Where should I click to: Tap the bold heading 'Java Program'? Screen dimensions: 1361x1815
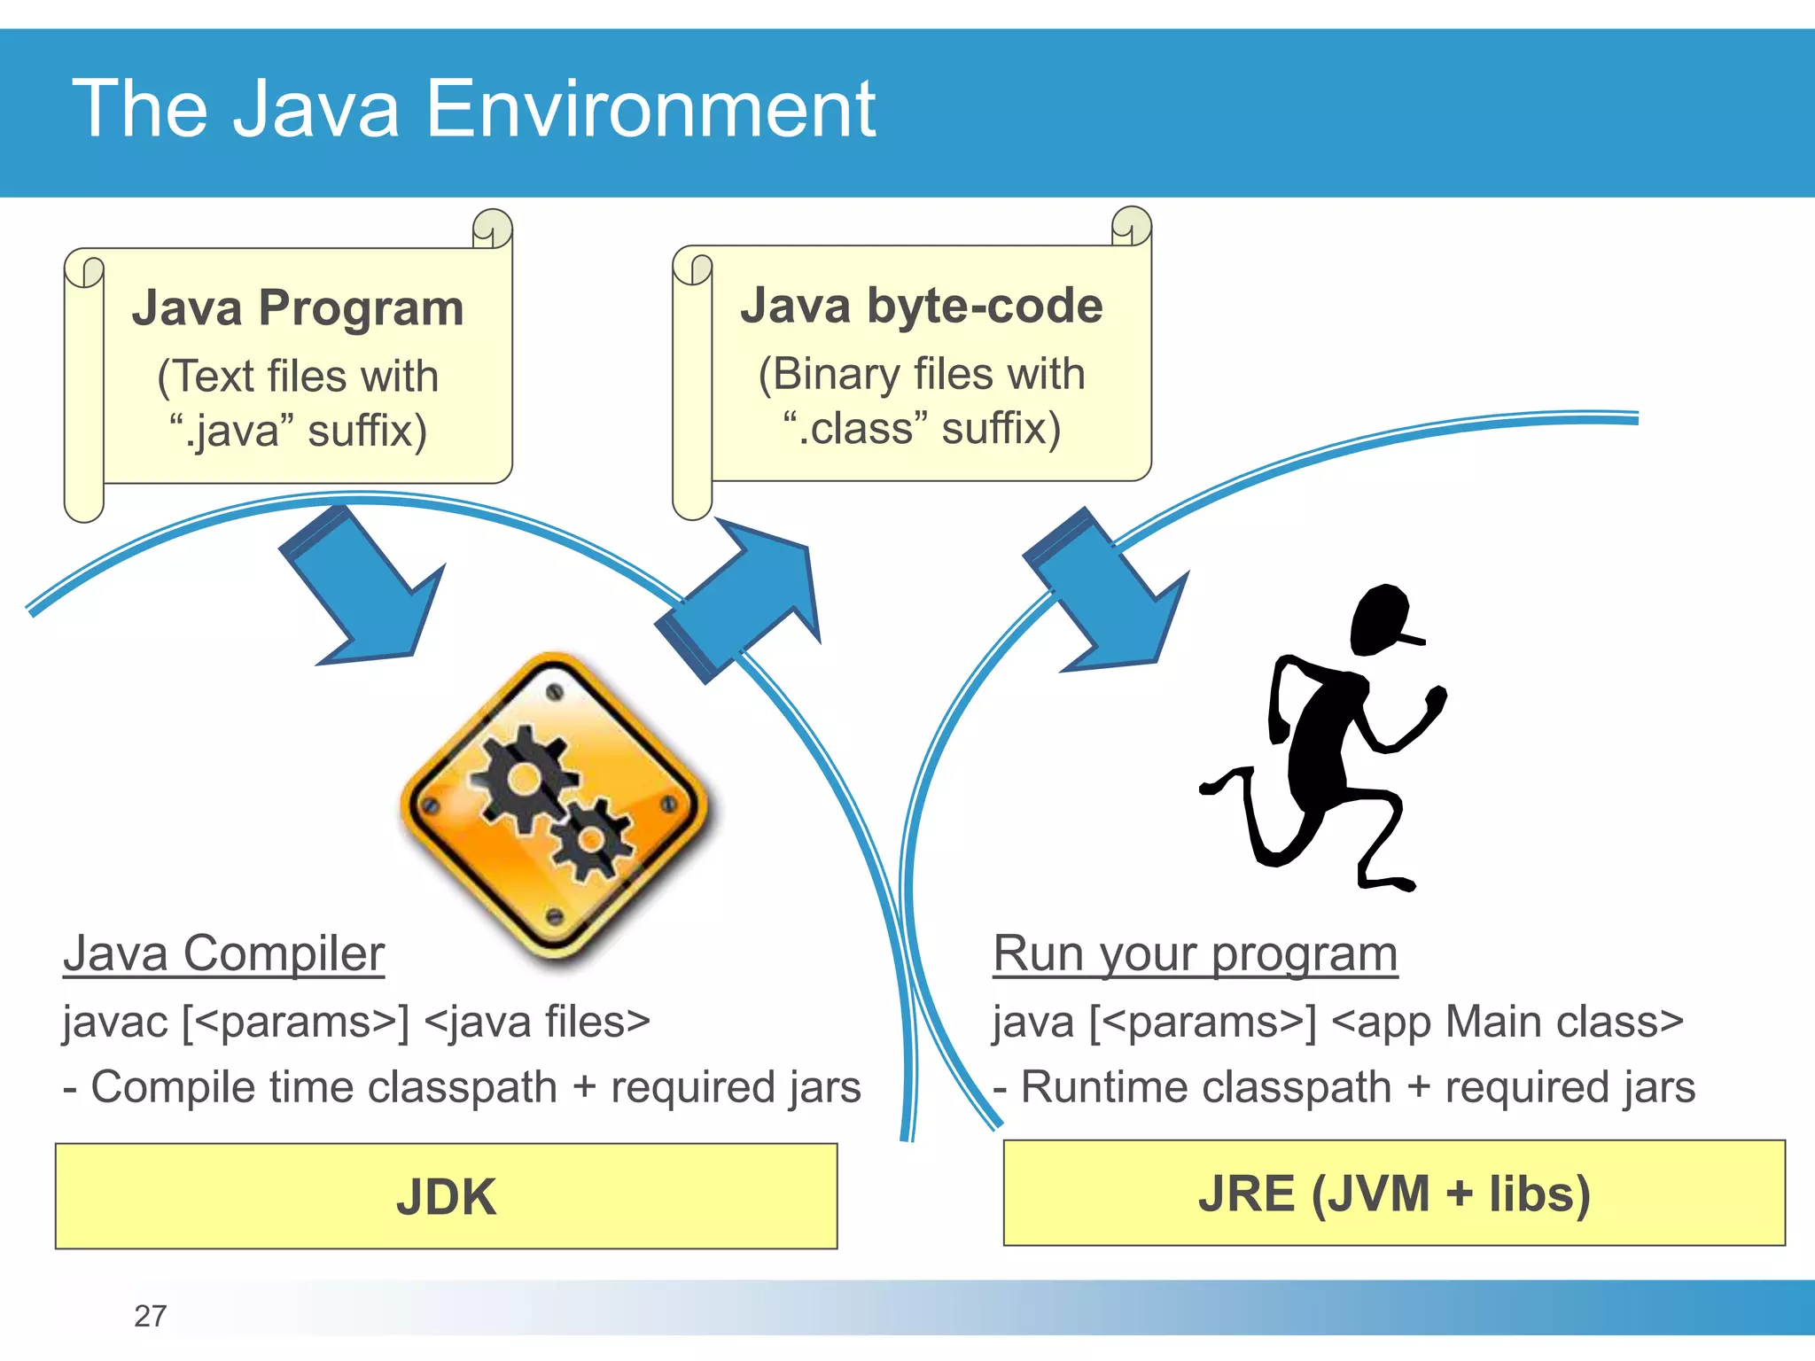click(298, 308)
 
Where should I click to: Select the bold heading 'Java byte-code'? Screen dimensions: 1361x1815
click(922, 306)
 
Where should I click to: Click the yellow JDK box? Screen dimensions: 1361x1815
click(446, 1196)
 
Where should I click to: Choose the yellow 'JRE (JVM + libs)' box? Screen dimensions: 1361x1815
click(1394, 1194)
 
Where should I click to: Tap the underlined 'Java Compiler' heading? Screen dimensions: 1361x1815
click(223, 953)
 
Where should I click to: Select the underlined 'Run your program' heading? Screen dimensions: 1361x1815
click(1195, 953)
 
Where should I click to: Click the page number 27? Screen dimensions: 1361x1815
click(150, 1316)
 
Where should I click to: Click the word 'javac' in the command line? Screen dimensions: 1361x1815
click(115, 1022)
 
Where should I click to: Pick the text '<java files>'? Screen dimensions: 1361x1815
click(537, 1022)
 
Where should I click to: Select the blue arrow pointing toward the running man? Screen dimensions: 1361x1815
click(1108, 594)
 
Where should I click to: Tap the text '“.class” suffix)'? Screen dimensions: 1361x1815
click(922, 428)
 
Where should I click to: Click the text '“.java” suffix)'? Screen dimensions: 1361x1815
click(298, 431)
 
